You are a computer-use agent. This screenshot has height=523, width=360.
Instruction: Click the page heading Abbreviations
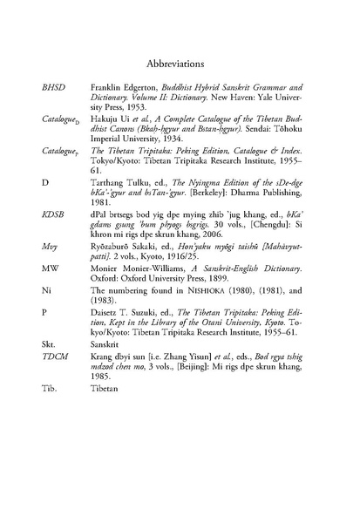(180, 64)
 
